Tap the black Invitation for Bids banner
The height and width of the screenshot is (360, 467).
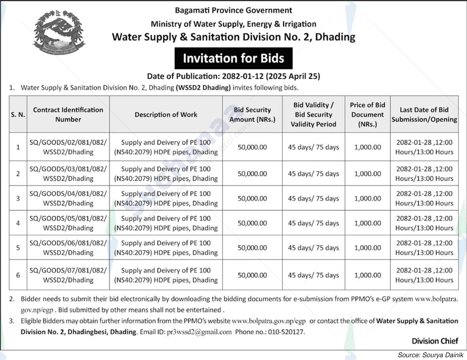233,59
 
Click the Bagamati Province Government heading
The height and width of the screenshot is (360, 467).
233,10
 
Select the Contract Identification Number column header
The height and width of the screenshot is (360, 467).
68,114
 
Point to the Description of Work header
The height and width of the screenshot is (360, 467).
166,114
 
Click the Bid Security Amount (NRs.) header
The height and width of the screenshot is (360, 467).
252,114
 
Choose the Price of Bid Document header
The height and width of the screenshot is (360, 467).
367,114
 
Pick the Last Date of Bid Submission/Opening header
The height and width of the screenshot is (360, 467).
424,114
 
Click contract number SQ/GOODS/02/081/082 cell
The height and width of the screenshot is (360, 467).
68,147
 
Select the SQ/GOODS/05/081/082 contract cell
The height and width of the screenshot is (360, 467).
68,223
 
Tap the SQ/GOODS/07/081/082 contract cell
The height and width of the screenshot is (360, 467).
68,275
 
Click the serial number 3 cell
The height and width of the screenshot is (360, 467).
18,198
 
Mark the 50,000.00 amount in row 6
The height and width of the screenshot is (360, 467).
252,275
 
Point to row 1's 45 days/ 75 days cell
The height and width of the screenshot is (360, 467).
313,147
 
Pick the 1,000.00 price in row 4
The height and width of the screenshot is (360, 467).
367,223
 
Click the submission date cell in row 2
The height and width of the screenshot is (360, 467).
424,173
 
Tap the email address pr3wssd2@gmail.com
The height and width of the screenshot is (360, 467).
199,332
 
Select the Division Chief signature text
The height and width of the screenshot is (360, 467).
435,341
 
